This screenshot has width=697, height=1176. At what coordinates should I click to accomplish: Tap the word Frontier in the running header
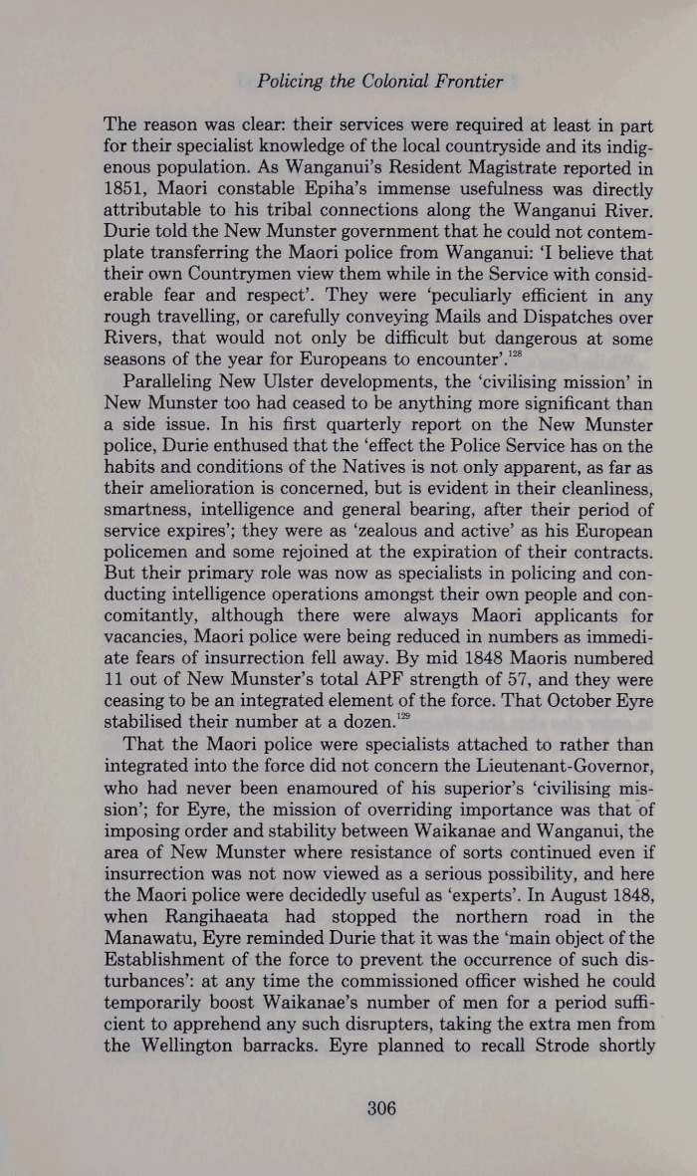[466, 81]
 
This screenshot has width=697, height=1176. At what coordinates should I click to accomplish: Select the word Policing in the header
[287, 81]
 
